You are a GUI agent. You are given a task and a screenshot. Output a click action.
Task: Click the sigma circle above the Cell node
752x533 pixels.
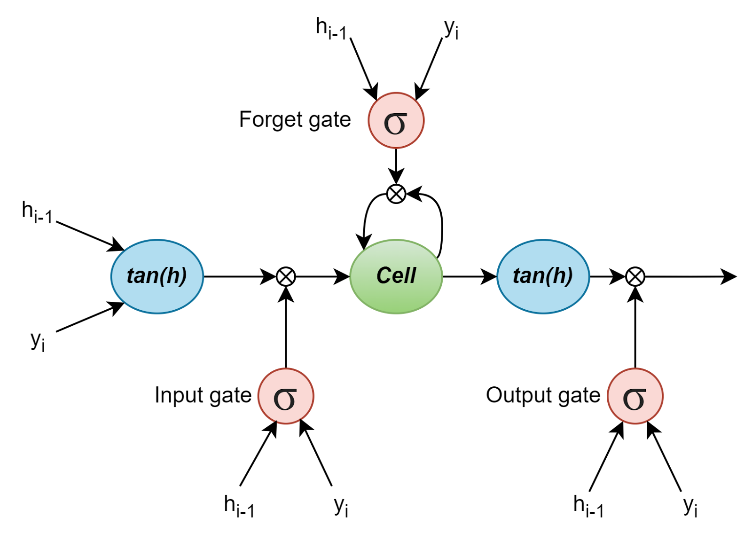(x=396, y=120)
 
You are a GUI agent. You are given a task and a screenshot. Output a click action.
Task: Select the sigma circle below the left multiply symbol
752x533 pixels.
(x=285, y=396)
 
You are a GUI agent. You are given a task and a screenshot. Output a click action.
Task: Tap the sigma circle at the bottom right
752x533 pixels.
(x=635, y=396)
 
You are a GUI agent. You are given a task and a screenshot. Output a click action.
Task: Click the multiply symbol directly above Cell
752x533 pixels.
(x=396, y=194)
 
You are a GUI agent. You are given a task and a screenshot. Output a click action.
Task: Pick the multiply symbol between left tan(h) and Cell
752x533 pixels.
(x=285, y=276)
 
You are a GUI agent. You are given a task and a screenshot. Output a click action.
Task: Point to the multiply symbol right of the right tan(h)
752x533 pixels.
(x=635, y=276)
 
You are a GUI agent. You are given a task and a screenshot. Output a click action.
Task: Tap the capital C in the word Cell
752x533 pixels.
(x=384, y=275)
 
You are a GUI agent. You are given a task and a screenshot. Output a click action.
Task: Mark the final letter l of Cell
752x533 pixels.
(x=414, y=275)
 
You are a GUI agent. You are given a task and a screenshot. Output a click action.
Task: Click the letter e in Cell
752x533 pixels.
(x=398, y=277)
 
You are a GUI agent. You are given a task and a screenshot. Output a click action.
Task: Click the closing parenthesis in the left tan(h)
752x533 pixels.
(x=183, y=276)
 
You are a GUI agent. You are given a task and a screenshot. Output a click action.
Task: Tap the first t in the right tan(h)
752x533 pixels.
(x=517, y=276)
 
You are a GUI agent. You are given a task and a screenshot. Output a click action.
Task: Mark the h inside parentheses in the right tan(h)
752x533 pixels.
(x=559, y=276)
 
